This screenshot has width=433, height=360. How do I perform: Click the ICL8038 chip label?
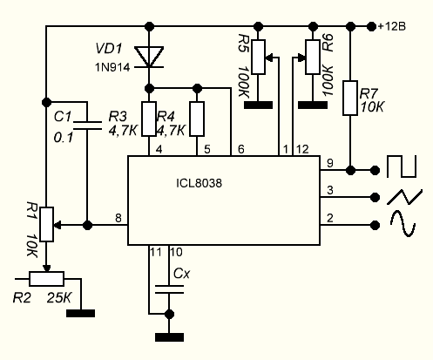point(199,183)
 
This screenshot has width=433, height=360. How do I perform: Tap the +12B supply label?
point(392,26)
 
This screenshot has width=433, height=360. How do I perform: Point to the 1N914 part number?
point(112,68)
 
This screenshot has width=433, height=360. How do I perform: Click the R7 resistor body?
point(350,98)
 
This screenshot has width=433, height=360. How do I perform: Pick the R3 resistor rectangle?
point(149,119)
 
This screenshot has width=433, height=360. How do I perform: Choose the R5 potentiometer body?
point(258,57)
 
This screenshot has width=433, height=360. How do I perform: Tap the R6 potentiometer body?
point(313,57)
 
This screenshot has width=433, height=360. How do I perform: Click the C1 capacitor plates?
point(87,126)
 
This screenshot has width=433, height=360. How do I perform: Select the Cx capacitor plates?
point(169,289)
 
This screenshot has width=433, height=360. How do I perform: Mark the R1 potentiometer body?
point(46,224)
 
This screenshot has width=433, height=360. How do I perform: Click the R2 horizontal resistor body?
point(46,279)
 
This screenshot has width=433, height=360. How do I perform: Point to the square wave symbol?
point(402,166)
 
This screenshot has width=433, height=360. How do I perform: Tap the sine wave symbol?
point(403,223)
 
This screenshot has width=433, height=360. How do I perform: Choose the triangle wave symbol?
point(404,197)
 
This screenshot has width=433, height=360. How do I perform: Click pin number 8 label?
point(118,218)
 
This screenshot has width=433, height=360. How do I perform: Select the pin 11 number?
point(156,252)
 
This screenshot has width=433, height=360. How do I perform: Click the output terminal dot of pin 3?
point(375,198)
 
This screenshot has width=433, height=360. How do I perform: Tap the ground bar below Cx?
point(169,337)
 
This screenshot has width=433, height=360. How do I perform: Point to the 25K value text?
point(59,298)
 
